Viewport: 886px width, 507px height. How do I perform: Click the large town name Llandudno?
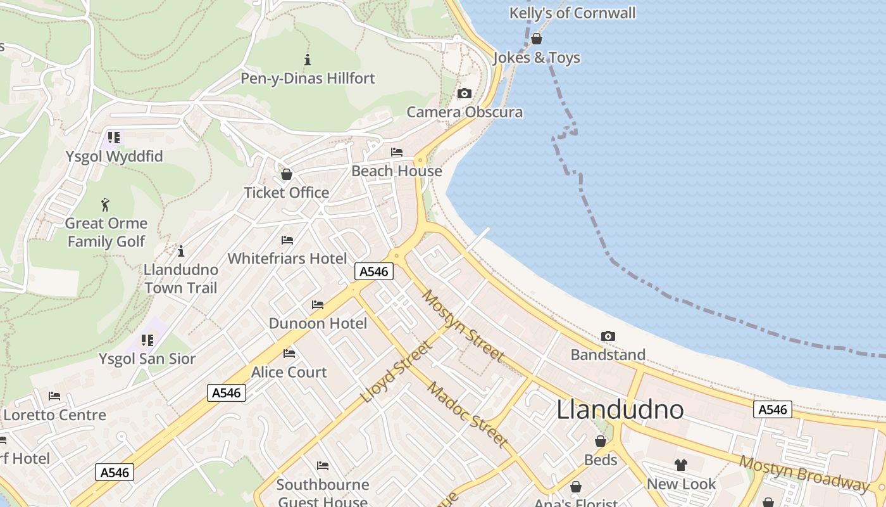(620, 410)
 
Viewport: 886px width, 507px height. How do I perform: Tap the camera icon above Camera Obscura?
(465, 94)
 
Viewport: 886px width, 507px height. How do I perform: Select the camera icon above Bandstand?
(608, 336)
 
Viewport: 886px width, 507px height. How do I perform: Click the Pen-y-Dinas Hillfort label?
(308, 79)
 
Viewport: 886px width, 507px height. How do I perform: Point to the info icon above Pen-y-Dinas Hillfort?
(308, 60)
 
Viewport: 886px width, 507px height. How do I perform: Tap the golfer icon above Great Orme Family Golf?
(106, 205)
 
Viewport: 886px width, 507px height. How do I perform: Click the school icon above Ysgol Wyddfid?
(114, 138)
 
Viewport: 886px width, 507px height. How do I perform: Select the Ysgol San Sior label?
(147, 359)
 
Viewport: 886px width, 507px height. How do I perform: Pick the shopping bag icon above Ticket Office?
(287, 174)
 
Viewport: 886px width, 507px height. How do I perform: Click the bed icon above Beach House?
(397, 152)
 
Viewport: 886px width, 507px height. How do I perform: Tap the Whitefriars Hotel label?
(287, 259)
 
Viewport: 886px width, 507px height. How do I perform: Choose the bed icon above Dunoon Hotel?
(318, 305)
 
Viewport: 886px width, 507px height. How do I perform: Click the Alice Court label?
(289, 372)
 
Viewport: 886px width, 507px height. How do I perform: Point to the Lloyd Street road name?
(397, 372)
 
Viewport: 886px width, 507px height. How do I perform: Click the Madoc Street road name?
(467, 414)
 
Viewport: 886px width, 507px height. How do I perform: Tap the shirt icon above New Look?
(681, 465)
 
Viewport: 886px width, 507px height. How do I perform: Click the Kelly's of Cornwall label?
(572, 13)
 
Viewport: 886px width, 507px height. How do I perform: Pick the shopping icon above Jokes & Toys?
(537, 39)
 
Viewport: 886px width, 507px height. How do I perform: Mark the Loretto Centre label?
(55, 415)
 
